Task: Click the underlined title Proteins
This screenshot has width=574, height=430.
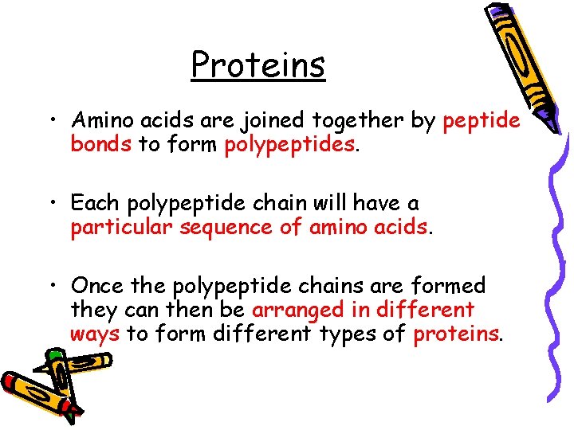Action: (x=258, y=64)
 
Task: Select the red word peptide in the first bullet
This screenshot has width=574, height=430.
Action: (x=482, y=120)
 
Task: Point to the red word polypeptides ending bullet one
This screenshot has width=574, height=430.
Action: (x=289, y=146)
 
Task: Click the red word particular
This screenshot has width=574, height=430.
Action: (x=121, y=228)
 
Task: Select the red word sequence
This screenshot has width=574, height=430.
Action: (x=219, y=228)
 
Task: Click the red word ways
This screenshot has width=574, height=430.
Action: (x=94, y=334)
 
